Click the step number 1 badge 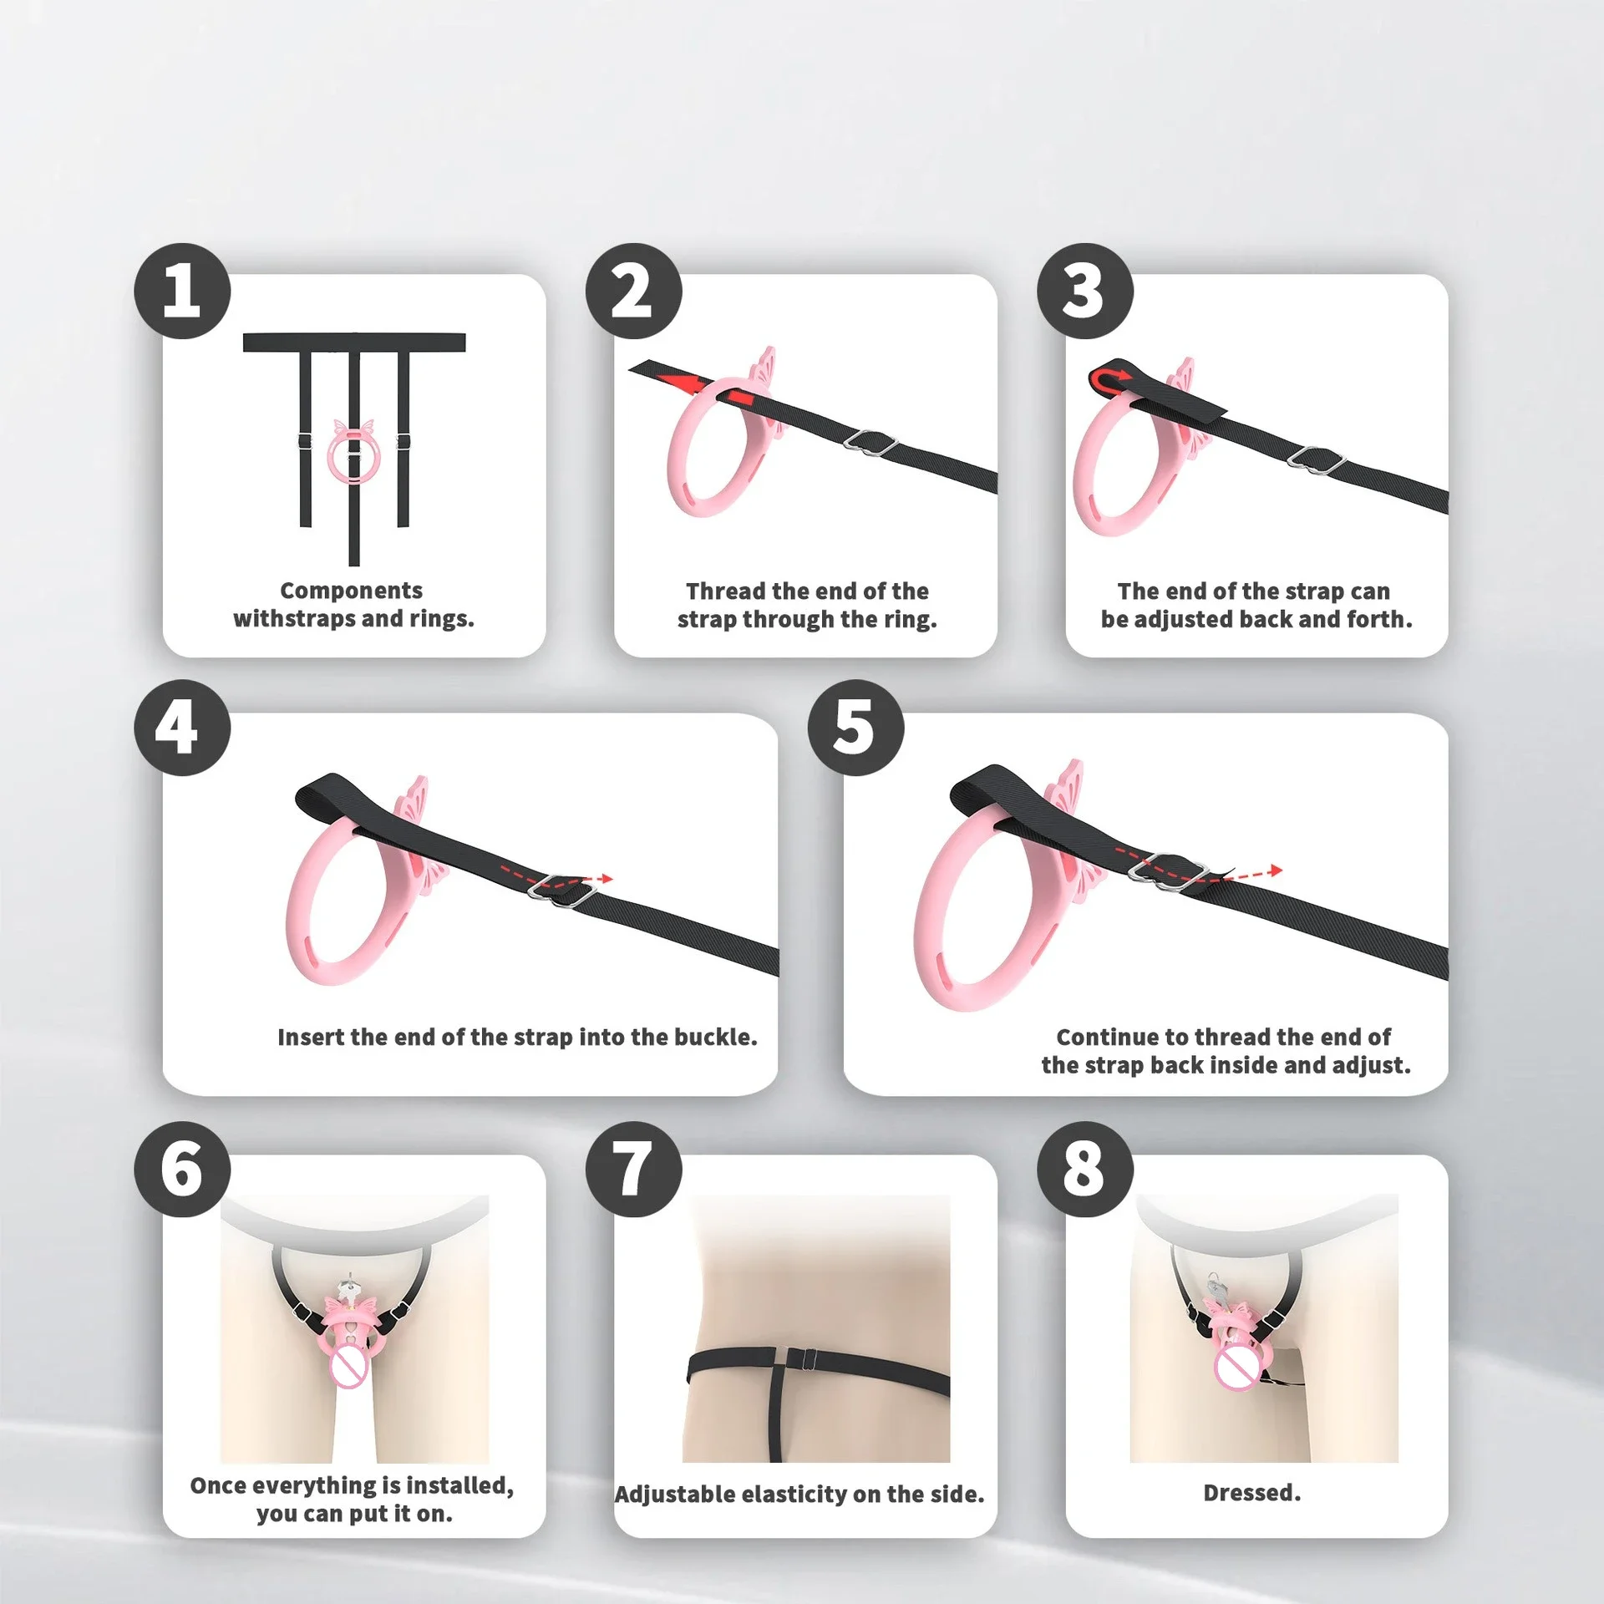click(182, 291)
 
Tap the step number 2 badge click(633, 291)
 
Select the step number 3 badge click(1085, 291)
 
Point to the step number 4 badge click(182, 728)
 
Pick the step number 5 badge click(855, 728)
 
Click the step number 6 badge click(182, 1169)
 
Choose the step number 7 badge click(633, 1169)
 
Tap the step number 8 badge click(1085, 1169)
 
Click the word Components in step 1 click(351, 591)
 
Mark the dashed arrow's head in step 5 click(1274, 871)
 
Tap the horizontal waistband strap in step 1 click(354, 343)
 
